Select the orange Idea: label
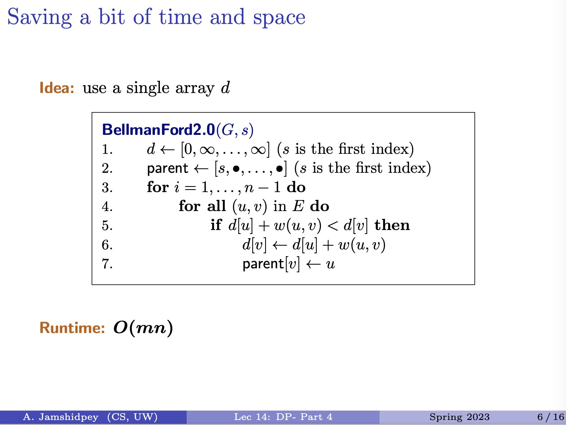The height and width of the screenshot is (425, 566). click(57, 88)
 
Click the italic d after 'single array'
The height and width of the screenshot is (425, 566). click(225, 88)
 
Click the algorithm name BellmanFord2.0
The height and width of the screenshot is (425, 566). click(158, 130)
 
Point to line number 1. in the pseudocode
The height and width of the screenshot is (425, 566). click(107, 149)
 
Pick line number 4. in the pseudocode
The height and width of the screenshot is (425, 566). click(107, 207)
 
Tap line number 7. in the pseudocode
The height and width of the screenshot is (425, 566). click(107, 264)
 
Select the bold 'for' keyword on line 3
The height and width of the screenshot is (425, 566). click(157, 187)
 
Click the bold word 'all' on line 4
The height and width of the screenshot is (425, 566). click(216, 206)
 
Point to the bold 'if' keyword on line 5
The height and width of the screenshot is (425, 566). click(216, 225)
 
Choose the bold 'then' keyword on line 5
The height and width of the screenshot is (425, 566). click(392, 225)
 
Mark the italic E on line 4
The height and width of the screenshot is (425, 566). click(298, 206)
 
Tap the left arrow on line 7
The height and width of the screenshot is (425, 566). click(313, 264)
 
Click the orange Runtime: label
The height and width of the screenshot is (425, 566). click(72, 328)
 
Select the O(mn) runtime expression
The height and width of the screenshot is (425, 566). click(143, 328)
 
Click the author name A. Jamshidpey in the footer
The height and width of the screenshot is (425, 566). click(60, 417)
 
